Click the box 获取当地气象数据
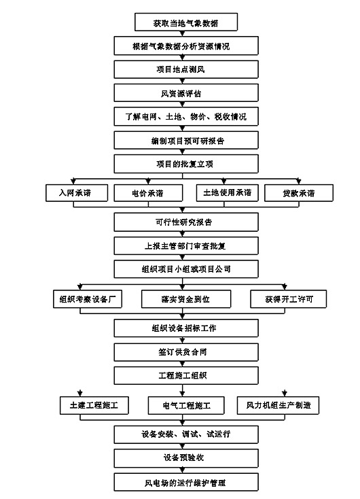(x=186, y=22)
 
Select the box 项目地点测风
(x=186, y=69)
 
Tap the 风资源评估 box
(x=186, y=93)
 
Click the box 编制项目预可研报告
(x=186, y=140)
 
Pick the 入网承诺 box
(x=77, y=193)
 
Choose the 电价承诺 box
(x=148, y=193)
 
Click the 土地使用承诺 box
(x=227, y=193)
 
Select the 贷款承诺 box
(x=299, y=193)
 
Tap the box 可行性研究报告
(x=186, y=222)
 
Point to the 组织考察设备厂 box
(x=88, y=299)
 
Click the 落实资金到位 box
(x=186, y=299)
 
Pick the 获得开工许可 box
(x=289, y=299)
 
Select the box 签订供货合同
(x=186, y=352)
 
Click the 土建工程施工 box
(x=94, y=405)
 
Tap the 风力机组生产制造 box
(x=278, y=405)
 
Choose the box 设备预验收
(x=186, y=458)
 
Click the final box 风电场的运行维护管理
(x=186, y=482)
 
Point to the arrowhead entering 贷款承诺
(x=298, y=182)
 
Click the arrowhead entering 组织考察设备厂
(x=80, y=287)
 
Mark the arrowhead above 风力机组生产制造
(x=285, y=394)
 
